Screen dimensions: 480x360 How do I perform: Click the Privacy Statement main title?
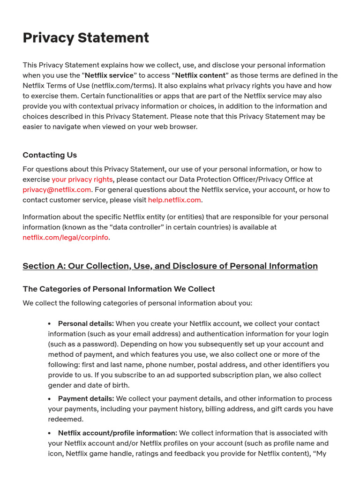pos(86,38)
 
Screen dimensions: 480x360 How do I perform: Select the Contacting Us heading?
pos(50,155)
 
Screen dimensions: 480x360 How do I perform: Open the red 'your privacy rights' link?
pos(82,180)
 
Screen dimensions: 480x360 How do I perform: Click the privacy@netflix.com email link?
pos(57,190)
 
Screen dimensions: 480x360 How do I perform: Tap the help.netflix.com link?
pos(174,200)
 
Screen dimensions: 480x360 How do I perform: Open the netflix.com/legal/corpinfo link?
pos(66,238)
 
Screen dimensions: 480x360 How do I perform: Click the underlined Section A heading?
pos(170,266)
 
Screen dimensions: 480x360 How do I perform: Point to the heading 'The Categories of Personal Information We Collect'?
pos(119,289)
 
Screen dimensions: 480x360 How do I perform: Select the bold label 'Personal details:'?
pos(86,324)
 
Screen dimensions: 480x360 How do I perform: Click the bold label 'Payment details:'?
pos(86,399)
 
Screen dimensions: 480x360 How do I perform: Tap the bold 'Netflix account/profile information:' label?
pos(117,433)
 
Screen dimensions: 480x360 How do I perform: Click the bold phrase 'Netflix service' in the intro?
pos(109,75)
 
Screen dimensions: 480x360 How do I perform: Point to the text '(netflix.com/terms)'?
pos(124,86)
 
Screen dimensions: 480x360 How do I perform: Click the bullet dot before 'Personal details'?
pos(50,324)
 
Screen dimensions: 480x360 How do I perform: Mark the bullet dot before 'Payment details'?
pos(50,399)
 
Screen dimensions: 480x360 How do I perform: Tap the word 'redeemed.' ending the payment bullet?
pos(66,420)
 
